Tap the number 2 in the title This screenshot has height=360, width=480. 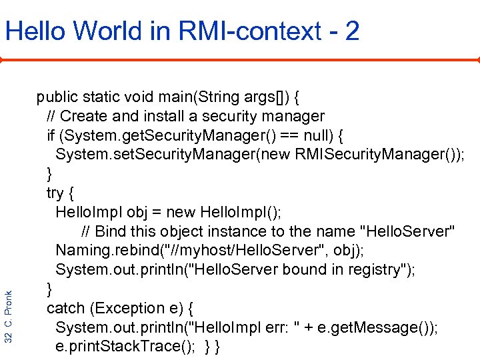point(352,31)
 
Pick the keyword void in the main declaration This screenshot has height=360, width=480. point(139,97)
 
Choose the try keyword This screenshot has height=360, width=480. point(54,193)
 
